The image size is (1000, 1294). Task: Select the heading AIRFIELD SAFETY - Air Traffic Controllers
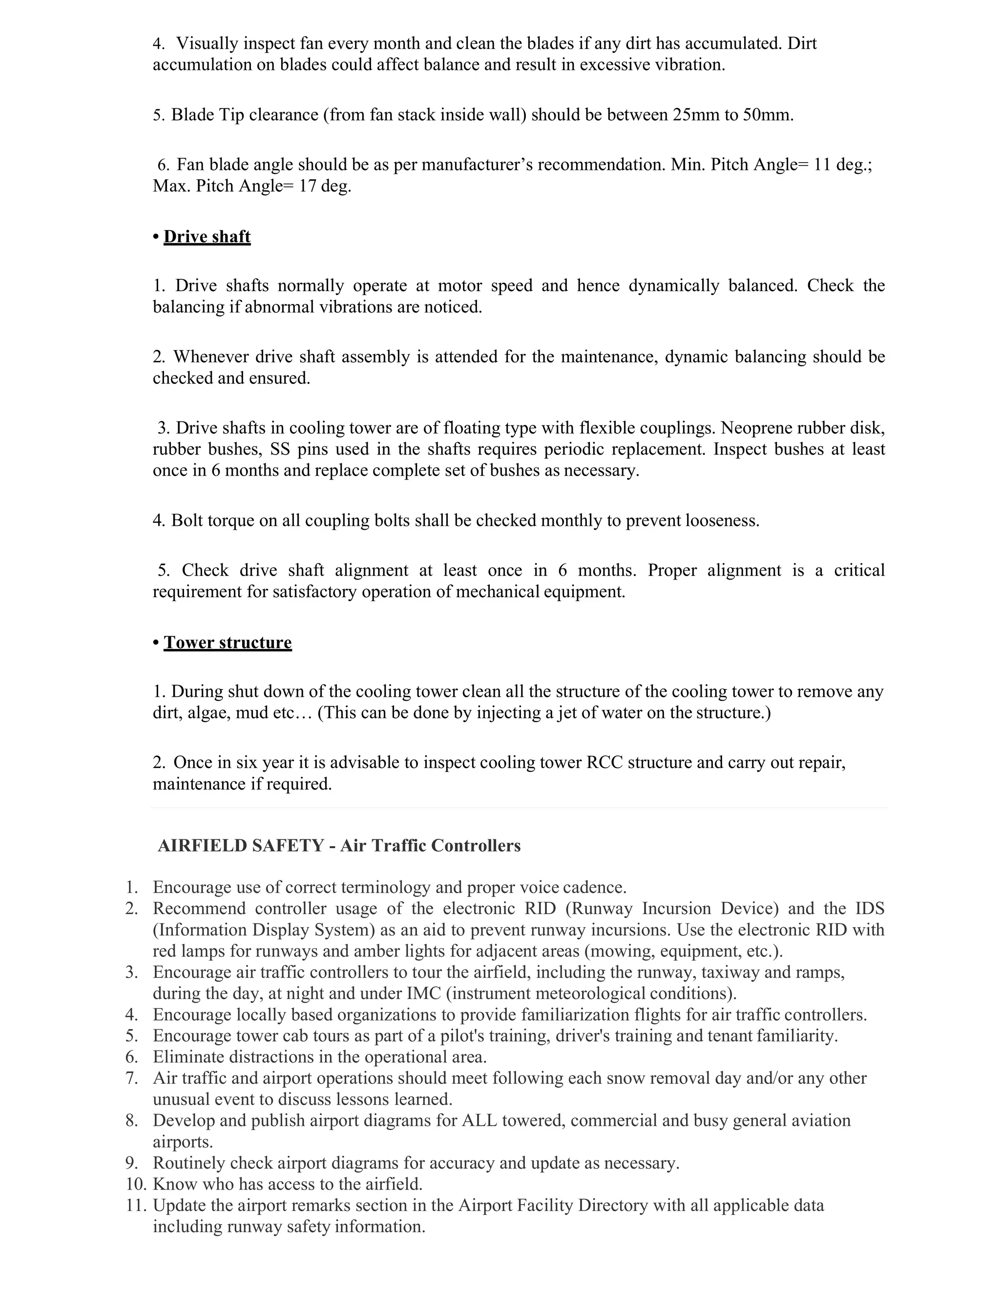tap(339, 845)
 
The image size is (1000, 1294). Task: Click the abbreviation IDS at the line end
tap(869, 908)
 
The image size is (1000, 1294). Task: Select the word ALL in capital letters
tap(479, 1120)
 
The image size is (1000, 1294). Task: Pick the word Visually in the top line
tap(208, 43)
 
